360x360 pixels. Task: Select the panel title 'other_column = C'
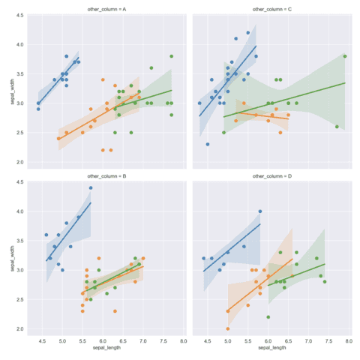pos(271,9)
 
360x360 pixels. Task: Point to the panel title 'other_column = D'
pos(271,177)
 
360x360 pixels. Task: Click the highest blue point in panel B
pos(91,188)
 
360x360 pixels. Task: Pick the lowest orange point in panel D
pos(228,328)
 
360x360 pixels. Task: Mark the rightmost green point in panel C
pos(345,56)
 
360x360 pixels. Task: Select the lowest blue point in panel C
pos(208,145)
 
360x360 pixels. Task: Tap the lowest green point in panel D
pos(268,316)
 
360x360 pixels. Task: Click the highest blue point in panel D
pos(260,211)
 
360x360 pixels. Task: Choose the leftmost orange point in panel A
pos(58,139)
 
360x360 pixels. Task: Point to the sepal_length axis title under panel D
pos(271,348)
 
